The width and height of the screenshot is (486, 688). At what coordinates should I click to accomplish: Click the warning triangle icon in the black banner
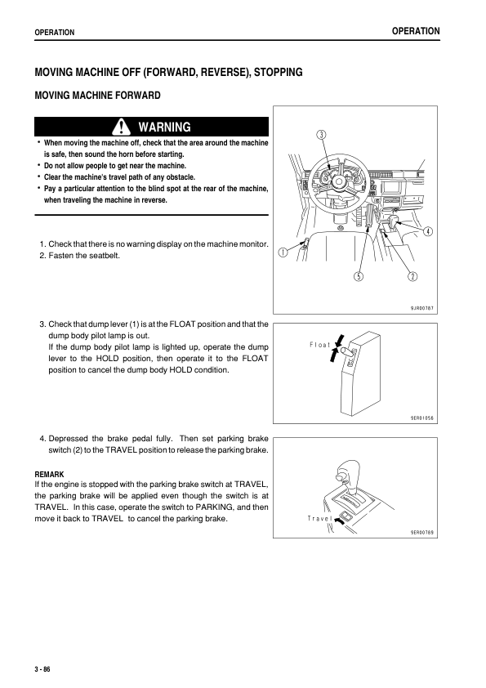click(123, 127)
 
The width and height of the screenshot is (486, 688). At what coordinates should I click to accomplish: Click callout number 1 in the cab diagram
click(283, 252)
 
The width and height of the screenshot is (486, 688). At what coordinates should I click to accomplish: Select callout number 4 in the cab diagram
click(427, 230)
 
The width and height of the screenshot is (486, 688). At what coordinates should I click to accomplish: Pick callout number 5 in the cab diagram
click(358, 275)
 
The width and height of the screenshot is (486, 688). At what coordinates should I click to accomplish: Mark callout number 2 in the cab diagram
click(412, 275)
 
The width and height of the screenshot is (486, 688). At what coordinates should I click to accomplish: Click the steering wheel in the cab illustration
click(336, 178)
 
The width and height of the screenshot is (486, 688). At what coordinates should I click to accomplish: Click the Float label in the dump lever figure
click(321, 345)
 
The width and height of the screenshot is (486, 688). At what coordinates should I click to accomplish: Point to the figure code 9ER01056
click(422, 417)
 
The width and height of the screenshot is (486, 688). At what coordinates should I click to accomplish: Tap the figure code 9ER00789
click(422, 532)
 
